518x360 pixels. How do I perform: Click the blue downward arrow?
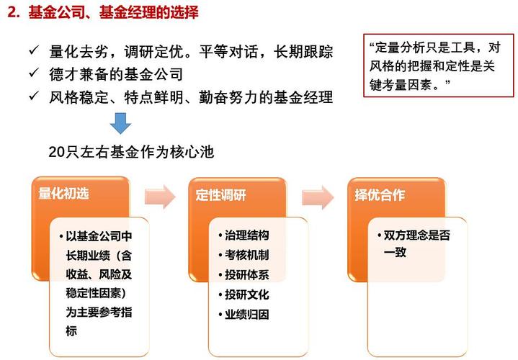point(120,123)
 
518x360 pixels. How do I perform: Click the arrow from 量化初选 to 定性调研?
point(160,197)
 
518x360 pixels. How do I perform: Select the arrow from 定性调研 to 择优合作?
point(318,197)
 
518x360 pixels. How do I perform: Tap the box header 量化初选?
point(63,194)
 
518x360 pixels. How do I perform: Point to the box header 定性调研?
point(220,195)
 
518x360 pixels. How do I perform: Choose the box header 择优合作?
point(380,195)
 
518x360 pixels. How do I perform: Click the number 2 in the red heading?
point(12,12)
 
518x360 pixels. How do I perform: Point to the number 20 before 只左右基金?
point(57,152)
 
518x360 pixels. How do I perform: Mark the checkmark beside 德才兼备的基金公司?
point(35,73)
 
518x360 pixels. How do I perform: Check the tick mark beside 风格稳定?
point(35,96)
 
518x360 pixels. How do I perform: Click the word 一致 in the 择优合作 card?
point(395,253)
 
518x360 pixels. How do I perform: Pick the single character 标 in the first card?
point(71,330)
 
